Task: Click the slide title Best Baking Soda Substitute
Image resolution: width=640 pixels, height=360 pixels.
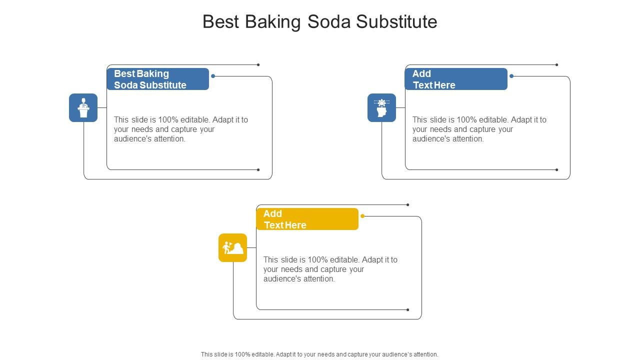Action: (x=320, y=22)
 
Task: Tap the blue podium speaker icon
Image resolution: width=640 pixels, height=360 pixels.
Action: (x=83, y=107)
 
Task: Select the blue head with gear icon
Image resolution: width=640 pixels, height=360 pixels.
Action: (x=381, y=107)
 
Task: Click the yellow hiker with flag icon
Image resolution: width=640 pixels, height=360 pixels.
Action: (x=232, y=247)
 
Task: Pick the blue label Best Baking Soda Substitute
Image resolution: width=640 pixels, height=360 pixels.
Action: (x=157, y=79)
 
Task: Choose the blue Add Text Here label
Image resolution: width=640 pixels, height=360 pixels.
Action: (x=456, y=79)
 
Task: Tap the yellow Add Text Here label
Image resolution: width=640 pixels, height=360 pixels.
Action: (x=307, y=219)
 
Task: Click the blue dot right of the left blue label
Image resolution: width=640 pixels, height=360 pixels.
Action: (x=213, y=76)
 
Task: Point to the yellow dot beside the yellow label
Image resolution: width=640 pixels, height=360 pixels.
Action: (x=362, y=216)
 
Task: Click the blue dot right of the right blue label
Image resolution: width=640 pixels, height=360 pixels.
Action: (x=511, y=76)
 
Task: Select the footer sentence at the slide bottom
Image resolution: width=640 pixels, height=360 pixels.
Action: (x=319, y=354)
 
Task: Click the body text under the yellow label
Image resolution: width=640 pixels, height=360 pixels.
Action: (x=330, y=269)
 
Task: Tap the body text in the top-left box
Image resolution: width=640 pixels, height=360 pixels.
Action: (x=181, y=129)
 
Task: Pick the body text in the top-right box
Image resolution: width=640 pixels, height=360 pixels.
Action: (x=479, y=129)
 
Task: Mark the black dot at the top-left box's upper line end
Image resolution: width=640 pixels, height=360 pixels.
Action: (x=258, y=64)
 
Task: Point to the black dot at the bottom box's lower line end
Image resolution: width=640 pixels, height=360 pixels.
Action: (x=407, y=309)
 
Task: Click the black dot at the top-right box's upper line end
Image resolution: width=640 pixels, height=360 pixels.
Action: (x=556, y=64)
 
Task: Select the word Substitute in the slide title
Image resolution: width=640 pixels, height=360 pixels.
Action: (x=397, y=22)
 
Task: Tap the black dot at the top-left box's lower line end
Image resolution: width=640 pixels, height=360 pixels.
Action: (x=258, y=169)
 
